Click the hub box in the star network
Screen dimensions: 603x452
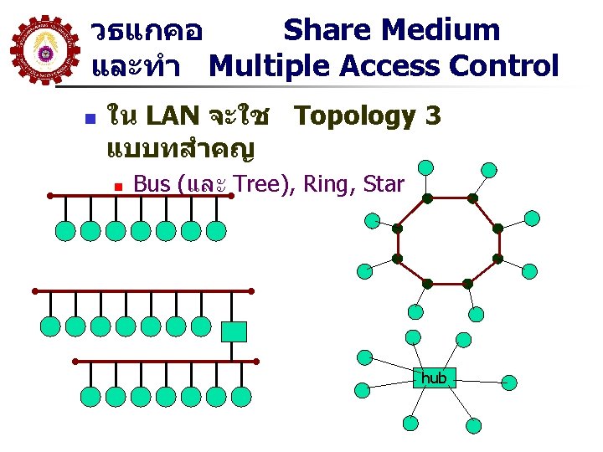coord(434,378)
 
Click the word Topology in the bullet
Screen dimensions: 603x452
coord(356,116)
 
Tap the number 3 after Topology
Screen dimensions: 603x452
coord(432,116)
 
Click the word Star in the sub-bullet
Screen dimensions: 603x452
coord(384,184)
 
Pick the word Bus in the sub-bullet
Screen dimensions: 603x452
coord(152,184)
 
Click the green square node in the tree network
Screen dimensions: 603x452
coord(234,332)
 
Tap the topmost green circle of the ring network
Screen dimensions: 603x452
coord(426,167)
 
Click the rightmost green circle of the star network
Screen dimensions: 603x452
coord(510,383)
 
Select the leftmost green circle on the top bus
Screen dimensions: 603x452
coord(64,230)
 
